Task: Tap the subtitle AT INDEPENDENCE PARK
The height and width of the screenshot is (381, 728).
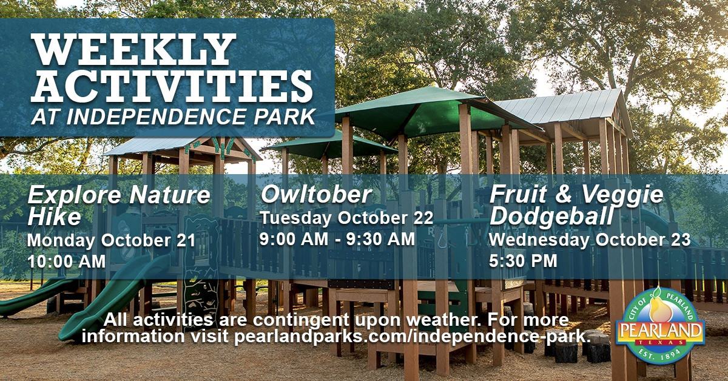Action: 174,117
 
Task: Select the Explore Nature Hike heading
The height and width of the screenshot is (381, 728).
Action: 118,204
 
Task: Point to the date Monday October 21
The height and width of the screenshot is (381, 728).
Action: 111,240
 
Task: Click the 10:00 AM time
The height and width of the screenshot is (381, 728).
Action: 66,261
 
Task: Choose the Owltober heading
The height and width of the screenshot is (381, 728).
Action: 315,195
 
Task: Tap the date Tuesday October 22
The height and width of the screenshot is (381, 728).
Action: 346,218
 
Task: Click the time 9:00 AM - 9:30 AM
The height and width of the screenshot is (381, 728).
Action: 337,239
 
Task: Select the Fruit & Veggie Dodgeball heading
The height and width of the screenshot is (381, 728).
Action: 576,204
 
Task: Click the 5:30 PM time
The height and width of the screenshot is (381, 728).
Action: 523,261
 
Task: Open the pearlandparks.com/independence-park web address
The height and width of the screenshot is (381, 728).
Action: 413,337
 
